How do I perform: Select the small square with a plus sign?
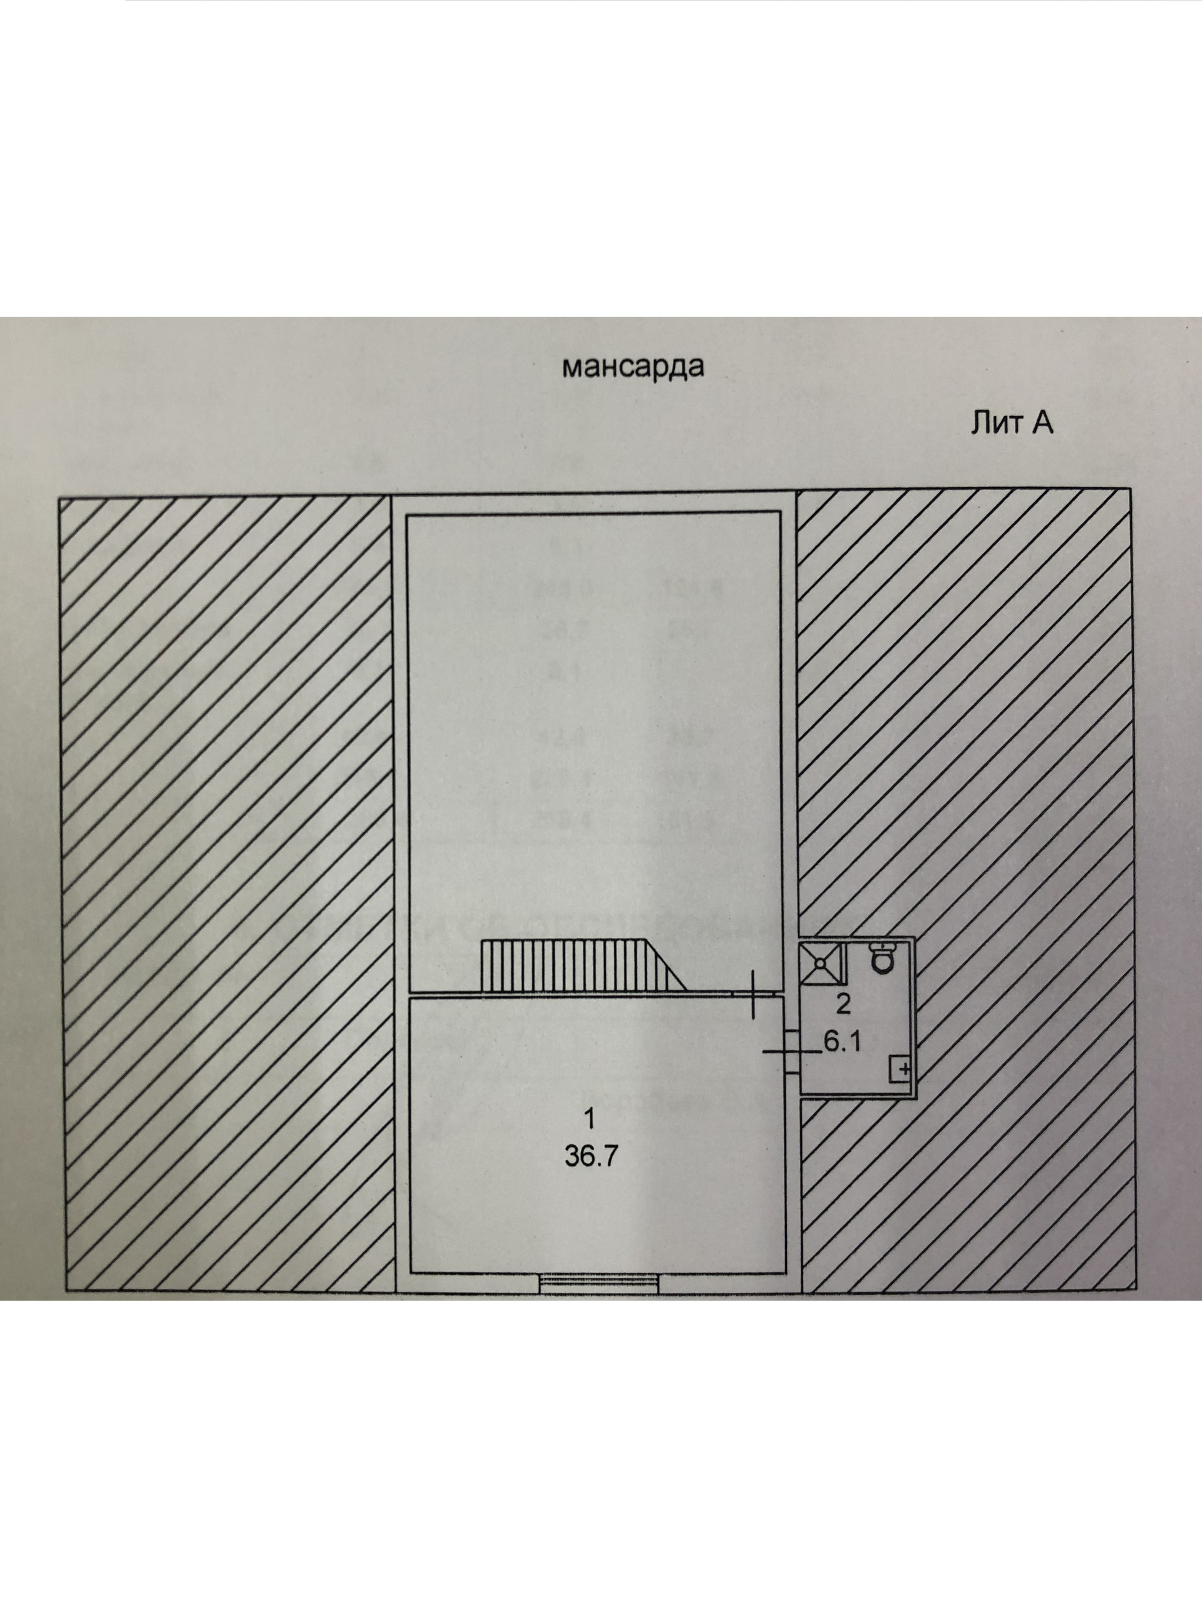[x=901, y=1069]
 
